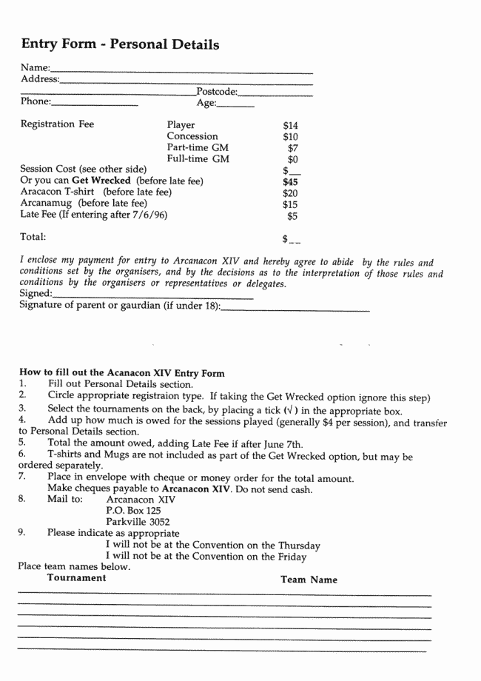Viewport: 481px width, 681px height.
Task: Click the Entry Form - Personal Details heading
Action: [120, 44]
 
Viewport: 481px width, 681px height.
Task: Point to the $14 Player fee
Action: [290, 126]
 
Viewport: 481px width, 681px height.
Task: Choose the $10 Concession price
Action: [290, 137]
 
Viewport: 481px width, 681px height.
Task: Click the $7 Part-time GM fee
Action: [292, 148]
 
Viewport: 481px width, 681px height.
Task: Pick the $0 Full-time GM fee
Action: [292, 159]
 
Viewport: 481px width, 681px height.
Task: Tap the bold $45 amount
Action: [290, 181]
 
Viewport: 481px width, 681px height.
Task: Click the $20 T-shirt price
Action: [290, 192]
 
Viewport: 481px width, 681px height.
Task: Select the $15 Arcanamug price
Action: [290, 204]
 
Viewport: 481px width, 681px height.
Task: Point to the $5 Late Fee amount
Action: [292, 215]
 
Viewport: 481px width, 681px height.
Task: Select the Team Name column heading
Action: [309, 580]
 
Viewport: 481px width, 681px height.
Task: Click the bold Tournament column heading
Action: [76, 577]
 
